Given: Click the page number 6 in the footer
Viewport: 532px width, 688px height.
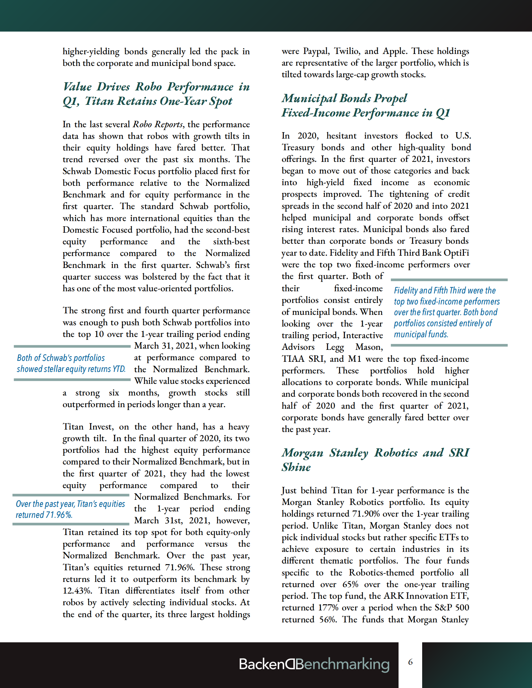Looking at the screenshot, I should click(410, 662).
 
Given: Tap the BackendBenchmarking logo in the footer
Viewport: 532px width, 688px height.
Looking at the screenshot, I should click(314, 664).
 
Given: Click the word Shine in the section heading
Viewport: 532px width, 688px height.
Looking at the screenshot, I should click(296, 467).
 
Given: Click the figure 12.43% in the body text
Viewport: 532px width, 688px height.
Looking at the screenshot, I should click(77, 591).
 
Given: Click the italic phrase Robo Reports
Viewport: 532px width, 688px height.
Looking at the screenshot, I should click(158, 125).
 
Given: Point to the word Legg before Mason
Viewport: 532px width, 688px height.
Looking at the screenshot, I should click(335, 347).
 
